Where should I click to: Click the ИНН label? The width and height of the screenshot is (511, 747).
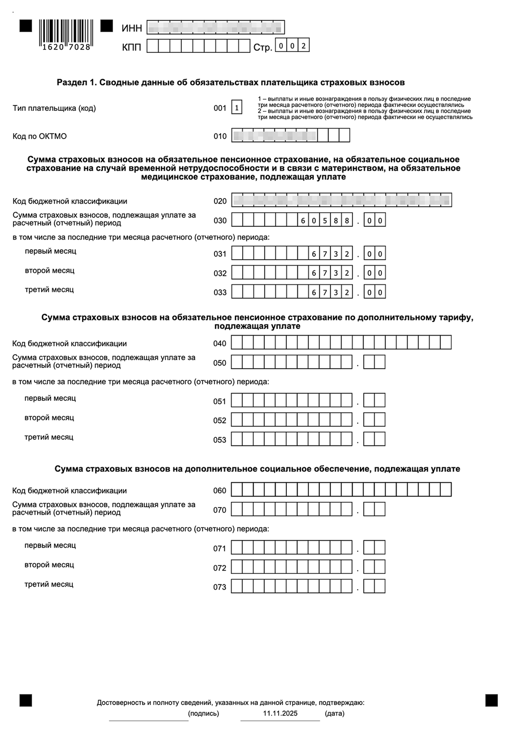coord(132,28)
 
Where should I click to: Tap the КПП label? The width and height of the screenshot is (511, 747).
coord(131,47)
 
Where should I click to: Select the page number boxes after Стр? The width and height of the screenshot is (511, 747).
coord(292,46)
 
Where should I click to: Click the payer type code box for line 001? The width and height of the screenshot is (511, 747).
coord(237,108)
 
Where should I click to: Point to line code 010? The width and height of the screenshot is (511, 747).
coord(220,136)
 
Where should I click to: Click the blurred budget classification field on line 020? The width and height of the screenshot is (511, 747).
coord(341,200)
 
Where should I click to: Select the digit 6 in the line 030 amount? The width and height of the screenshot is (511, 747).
coord(303,221)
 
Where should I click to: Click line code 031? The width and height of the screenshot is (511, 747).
coord(220,254)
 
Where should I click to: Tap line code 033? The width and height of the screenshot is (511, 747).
coord(220,293)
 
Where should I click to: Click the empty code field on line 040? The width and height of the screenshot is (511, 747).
coord(341,343)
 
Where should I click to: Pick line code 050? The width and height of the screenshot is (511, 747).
coord(220,363)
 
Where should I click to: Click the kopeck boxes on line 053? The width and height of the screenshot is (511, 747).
coord(374,439)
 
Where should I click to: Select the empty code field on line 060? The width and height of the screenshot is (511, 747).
coord(341,490)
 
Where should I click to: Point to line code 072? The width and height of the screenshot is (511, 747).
coord(220,568)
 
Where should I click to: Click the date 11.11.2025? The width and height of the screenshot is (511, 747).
coord(280,713)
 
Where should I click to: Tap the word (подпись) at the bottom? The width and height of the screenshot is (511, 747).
coord(204,713)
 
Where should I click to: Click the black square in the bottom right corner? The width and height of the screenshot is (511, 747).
coord(492,700)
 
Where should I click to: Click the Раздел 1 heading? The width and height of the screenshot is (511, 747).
coord(231,83)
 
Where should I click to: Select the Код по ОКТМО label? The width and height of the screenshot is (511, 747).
coord(40,136)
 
